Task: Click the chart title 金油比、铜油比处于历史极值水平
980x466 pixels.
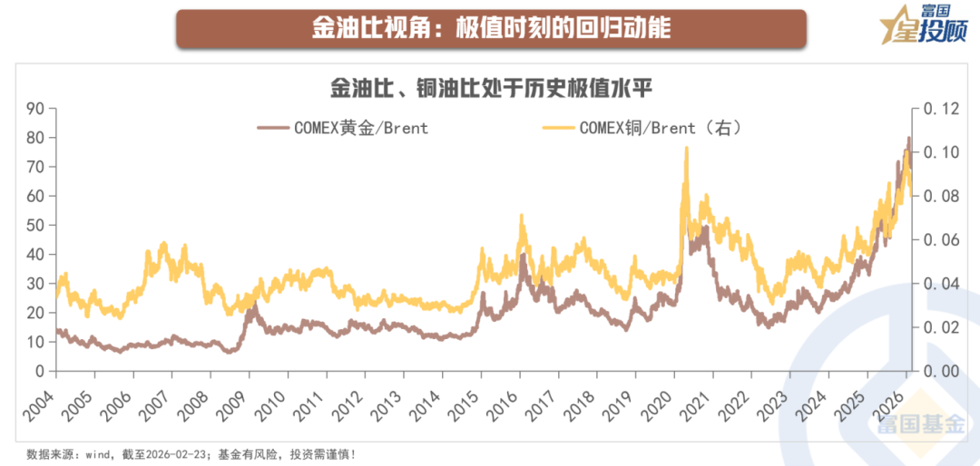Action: click(x=491, y=90)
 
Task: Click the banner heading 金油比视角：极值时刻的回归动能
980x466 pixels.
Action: click(x=491, y=28)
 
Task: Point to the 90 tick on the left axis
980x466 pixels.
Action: click(x=35, y=109)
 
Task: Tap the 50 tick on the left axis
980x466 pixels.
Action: click(x=35, y=225)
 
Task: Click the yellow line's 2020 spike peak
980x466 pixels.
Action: click(x=686, y=148)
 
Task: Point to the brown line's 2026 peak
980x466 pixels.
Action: click(x=909, y=138)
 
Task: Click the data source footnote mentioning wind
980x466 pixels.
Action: click(x=191, y=454)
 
